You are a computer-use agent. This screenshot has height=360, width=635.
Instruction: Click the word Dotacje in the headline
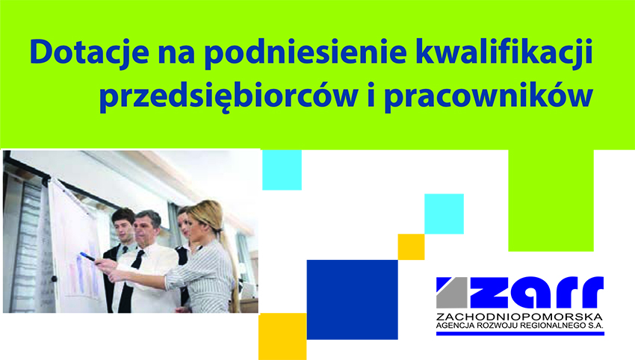tap(89, 52)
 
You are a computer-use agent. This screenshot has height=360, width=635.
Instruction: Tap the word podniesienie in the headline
tap(305, 52)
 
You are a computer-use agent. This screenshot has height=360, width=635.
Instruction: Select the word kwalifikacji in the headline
tap(504, 52)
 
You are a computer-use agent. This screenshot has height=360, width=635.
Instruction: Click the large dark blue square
tap(353, 300)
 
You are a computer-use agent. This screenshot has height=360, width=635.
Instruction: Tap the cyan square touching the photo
tap(282, 170)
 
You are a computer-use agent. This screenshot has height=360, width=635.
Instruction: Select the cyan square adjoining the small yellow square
tap(444, 214)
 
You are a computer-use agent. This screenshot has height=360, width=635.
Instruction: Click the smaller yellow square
tap(411, 247)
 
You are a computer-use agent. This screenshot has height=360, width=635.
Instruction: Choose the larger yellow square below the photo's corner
tap(282, 336)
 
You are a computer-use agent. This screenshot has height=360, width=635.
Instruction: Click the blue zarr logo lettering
tap(536, 292)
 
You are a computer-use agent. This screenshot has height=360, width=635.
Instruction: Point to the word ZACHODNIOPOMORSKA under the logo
tap(520, 316)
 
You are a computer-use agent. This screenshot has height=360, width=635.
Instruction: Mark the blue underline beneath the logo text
tap(521, 333)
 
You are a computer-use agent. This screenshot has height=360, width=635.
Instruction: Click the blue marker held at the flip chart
tap(87, 256)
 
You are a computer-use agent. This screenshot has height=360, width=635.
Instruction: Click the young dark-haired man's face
tap(125, 229)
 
